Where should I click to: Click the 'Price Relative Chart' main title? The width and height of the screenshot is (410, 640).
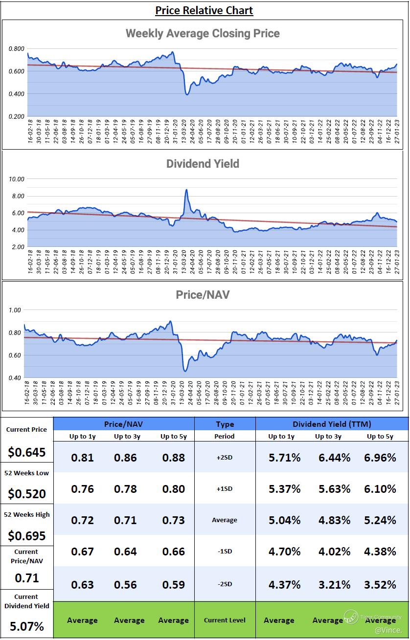tap(204, 10)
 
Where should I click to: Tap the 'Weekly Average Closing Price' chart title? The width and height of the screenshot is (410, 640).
tap(203, 33)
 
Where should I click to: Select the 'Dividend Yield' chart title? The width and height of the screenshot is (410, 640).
tap(203, 163)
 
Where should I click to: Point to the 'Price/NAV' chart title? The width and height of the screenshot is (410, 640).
tap(203, 295)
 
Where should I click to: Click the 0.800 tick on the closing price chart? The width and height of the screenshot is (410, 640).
tap(17, 49)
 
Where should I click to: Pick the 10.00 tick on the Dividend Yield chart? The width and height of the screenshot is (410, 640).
tap(17, 179)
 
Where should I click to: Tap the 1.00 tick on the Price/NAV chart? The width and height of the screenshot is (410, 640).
tap(15, 310)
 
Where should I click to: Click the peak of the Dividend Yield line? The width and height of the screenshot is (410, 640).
tap(186, 190)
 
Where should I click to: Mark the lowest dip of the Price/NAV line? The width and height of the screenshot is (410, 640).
tap(185, 371)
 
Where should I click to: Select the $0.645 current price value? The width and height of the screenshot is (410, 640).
tap(26, 452)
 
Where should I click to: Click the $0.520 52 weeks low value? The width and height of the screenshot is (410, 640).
tap(26, 494)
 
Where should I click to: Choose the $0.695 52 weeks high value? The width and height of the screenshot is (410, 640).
tap(26, 536)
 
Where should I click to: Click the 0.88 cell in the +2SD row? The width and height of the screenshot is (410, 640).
tap(173, 458)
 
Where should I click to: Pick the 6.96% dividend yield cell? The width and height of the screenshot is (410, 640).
tap(380, 458)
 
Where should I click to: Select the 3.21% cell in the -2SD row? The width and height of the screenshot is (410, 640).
tap(334, 585)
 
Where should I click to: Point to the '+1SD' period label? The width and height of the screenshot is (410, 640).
tap(225, 489)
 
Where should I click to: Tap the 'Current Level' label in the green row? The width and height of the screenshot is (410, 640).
tap(225, 620)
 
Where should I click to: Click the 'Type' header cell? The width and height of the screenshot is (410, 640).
tap(225, 424)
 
